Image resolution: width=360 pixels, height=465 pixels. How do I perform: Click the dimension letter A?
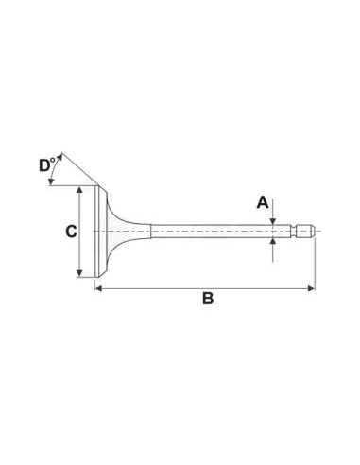click(264, 202)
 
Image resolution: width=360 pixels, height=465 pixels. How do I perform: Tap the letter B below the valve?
click(208, 300)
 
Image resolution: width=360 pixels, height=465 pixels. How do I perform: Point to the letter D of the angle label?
click(45, 166)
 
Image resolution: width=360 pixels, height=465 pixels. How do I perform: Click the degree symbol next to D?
click(54, 161)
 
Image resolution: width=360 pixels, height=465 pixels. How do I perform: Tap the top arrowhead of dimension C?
click(82, 189)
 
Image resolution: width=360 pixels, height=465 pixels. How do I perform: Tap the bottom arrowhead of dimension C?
click(82, 275)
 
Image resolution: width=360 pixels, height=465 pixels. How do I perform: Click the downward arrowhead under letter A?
click(273, 220)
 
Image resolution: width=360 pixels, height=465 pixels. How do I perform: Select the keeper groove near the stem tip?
click(300, 231)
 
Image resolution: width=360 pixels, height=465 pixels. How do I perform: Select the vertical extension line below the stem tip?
click(313, 265)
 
